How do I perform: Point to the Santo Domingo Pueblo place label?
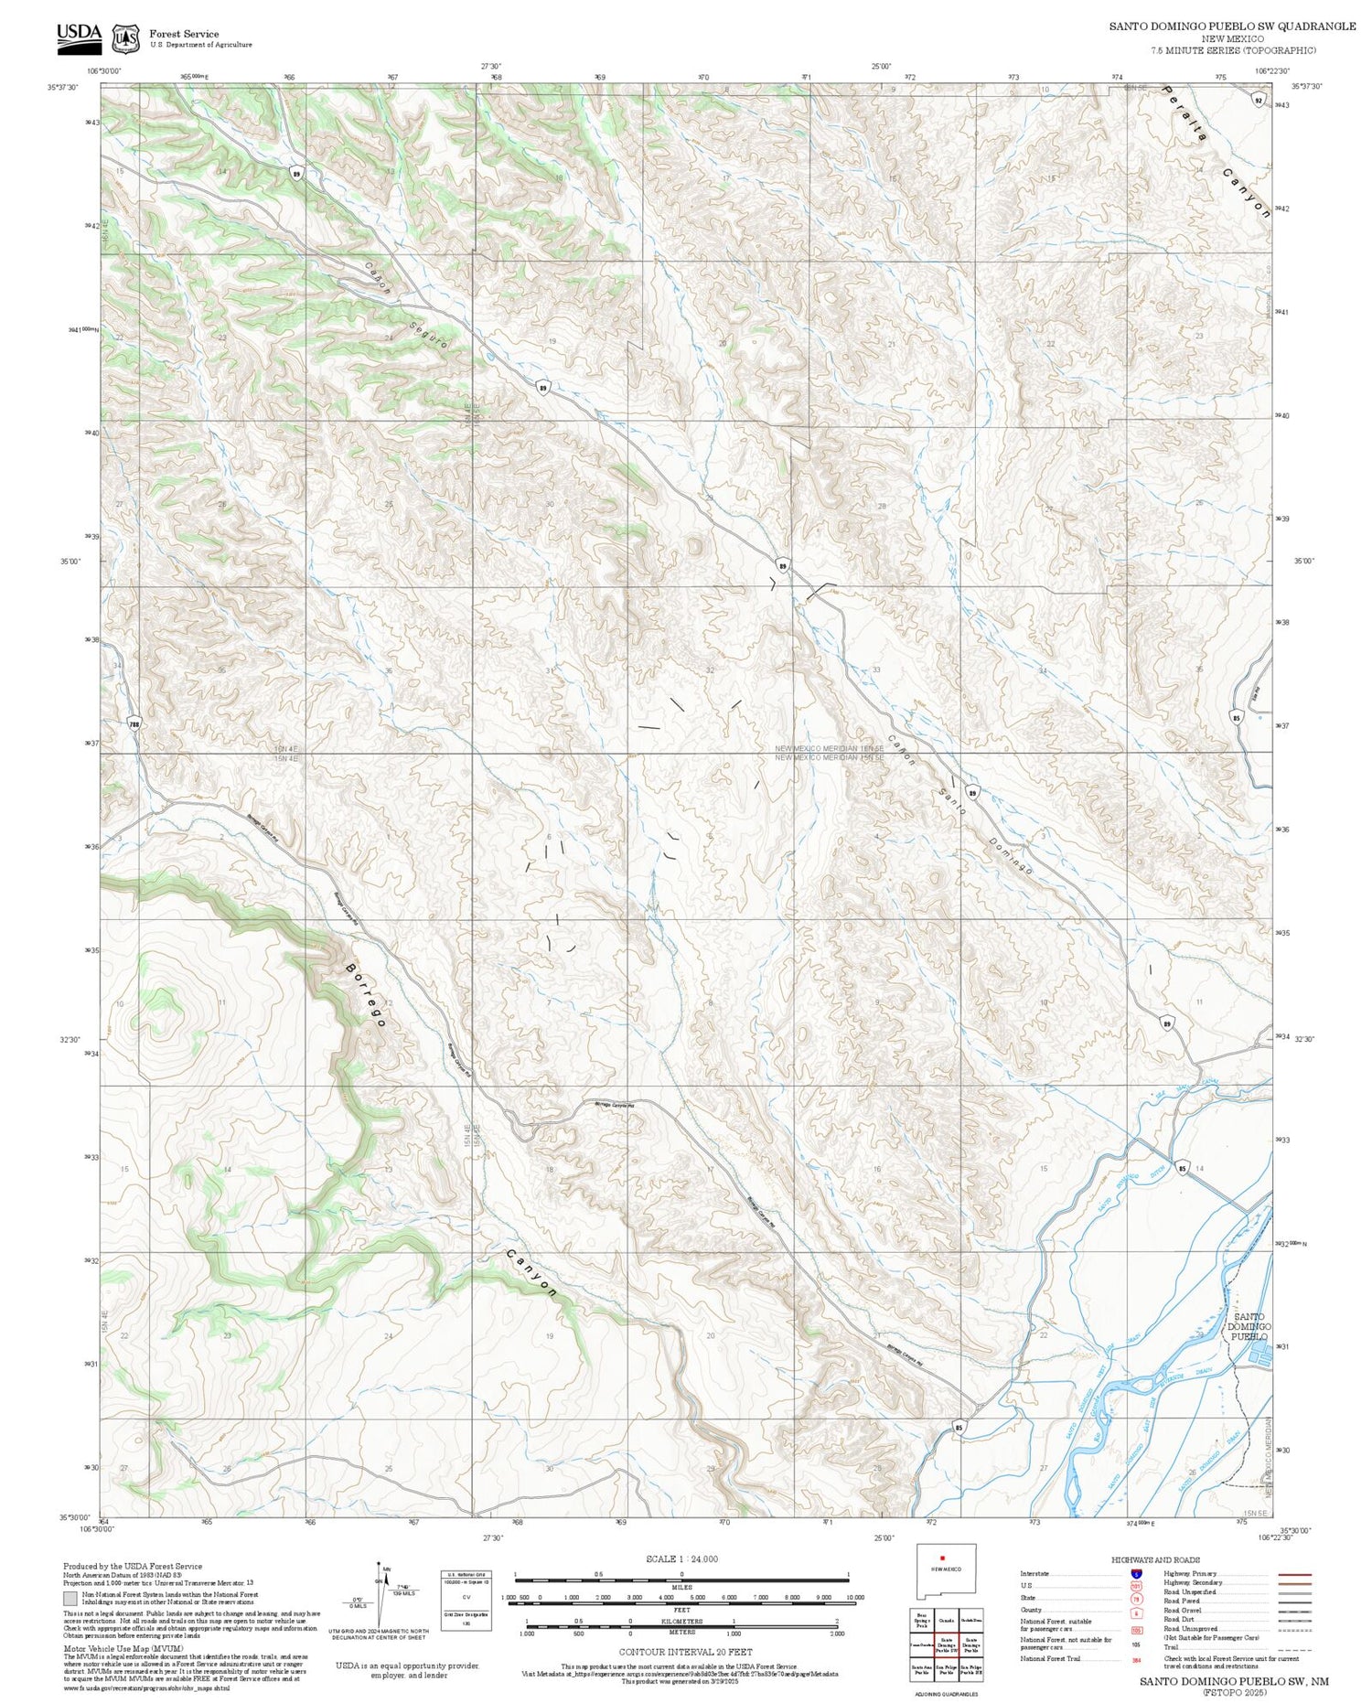tap(1249, 1325)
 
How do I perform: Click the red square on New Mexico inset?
tap(941, 1558)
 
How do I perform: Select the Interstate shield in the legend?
tap(1136, 1573)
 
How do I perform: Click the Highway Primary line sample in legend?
tap(1290, 1573)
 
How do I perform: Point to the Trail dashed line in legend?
tap(1290, 1647)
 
